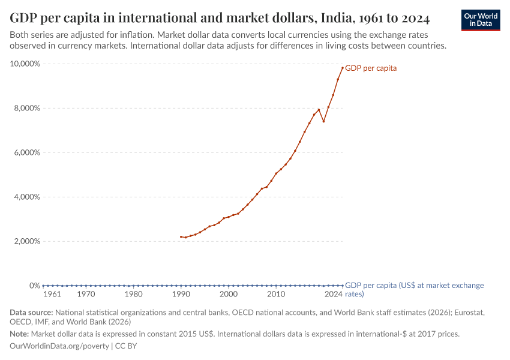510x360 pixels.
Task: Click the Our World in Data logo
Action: [x=481, y=20]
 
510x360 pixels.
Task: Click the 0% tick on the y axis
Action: [x=34, y=286]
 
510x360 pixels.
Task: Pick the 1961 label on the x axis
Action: [x=52, y=295]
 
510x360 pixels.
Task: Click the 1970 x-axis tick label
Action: [x=86, y=295]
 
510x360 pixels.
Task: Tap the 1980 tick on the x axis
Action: [x=133, y=295]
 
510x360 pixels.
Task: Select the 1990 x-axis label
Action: [x=181, y=295]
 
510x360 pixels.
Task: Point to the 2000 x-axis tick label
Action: [x=228, y=295]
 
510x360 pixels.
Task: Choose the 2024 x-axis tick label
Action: [x=334, y=295]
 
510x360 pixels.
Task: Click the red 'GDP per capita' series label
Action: [x=371, y=68]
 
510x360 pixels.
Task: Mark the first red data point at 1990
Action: [x=181, y=236]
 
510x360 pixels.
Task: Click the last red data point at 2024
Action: [x=343, y=68]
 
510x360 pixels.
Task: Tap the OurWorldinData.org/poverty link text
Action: [x=59, y=346]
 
